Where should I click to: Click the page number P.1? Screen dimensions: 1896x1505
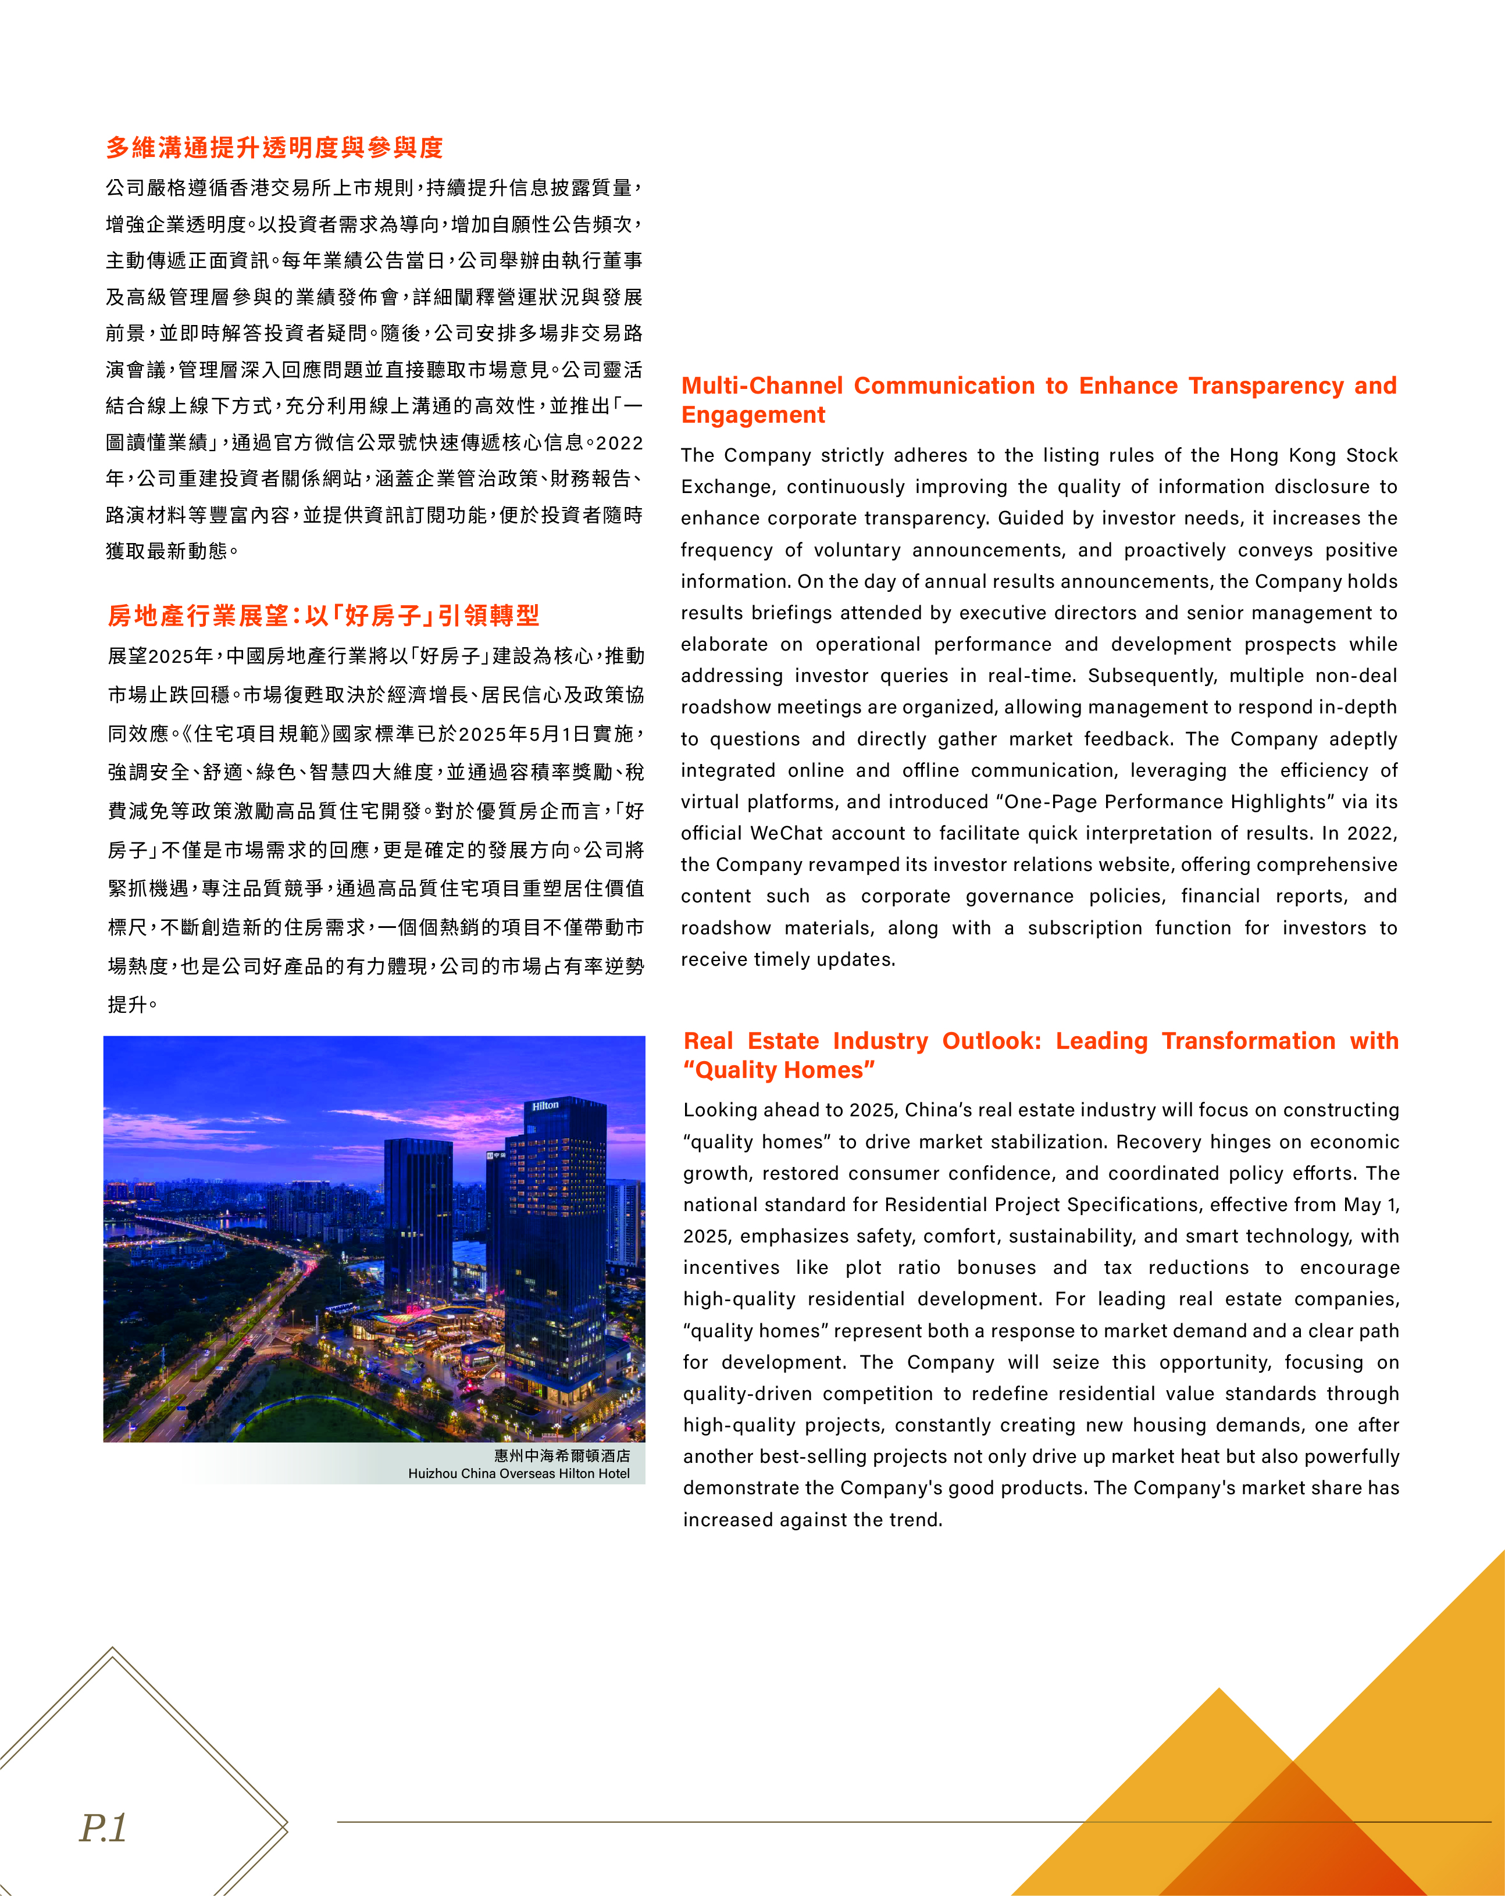104,1829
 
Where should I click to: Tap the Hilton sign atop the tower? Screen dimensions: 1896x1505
545,1105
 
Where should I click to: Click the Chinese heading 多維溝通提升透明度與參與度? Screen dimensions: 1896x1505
274,148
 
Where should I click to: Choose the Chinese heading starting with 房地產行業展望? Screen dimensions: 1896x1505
324,616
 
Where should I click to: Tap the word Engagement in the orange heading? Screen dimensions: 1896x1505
753,415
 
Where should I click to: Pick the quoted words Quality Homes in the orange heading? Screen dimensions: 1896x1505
779,1070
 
